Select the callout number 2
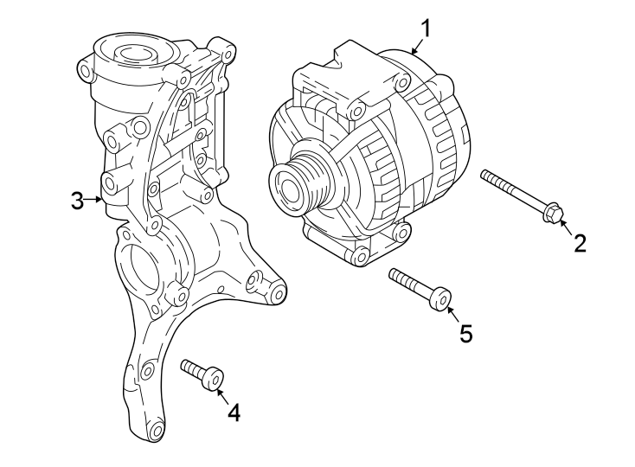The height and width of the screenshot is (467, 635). coord(580,243)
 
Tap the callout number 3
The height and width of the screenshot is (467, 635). coord(77,202)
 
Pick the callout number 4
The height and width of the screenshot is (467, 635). coord(234,413)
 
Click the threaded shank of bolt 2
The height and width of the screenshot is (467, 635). coord(510,190)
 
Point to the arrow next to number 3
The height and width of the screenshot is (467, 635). coord(95,201)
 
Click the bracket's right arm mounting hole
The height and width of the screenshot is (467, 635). coord(278,295)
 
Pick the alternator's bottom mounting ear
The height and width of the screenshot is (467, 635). coord(361,255)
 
